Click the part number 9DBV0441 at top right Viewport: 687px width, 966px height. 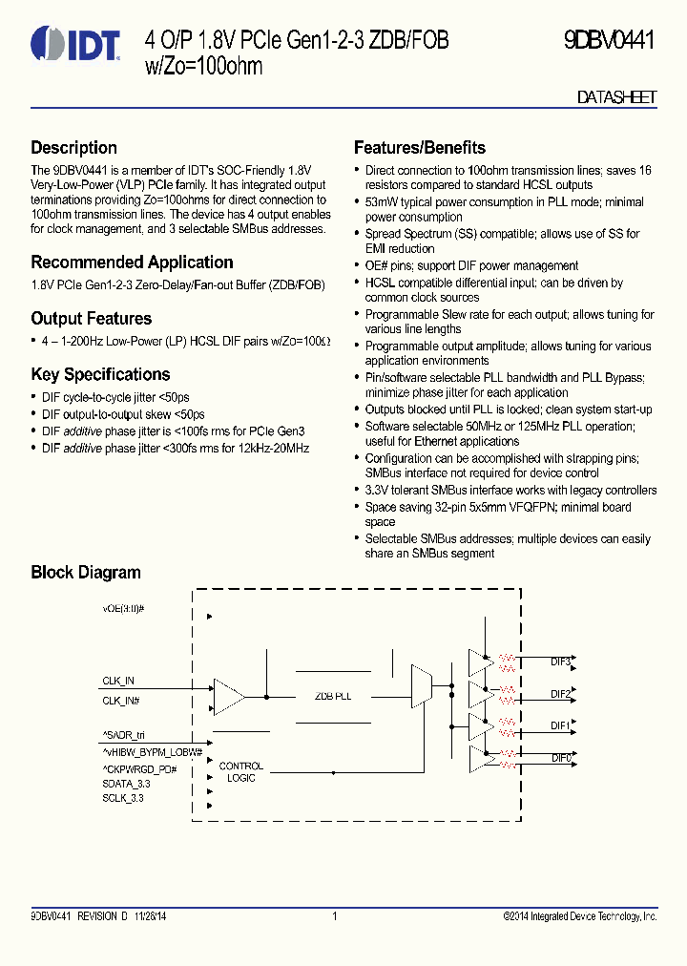point(609,40)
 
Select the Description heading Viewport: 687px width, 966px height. point(73,148)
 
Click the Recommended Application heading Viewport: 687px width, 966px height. point(132,262)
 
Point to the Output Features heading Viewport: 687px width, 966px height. point(91,319)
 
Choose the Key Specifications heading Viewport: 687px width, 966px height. point(100,375)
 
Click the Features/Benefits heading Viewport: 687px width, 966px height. point(419,148)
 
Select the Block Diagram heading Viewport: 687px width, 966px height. point(85,573)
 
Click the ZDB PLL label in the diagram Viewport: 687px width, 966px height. point(333,697)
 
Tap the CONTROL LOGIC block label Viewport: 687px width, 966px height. point(241,772)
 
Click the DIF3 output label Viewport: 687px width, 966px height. point(560,661)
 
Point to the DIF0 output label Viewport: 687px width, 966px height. point(560,758)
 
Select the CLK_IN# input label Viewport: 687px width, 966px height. point(121,701)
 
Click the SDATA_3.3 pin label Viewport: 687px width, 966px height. point(126,784)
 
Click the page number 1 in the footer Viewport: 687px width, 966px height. point(335,916)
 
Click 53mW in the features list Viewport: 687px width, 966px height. point(382,202)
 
